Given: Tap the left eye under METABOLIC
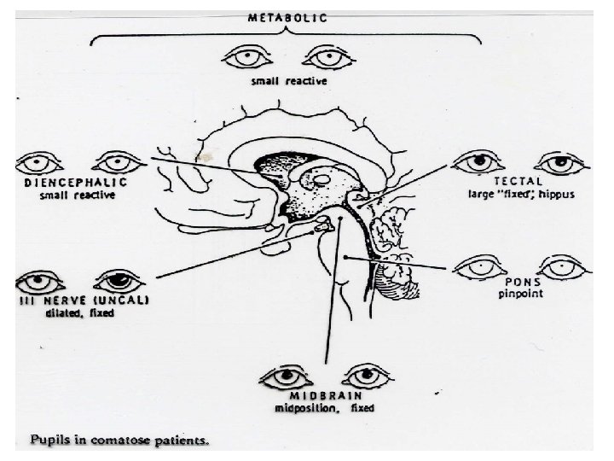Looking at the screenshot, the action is pos(246,58).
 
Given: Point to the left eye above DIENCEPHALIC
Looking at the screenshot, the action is pos(36,161).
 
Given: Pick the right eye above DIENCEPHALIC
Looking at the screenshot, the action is pos(116,160).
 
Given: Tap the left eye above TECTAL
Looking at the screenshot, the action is pos(477,160).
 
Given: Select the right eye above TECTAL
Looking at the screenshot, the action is pos(559,161).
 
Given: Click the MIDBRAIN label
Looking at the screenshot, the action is pos(325,397).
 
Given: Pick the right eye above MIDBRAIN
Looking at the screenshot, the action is pos(366,376).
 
